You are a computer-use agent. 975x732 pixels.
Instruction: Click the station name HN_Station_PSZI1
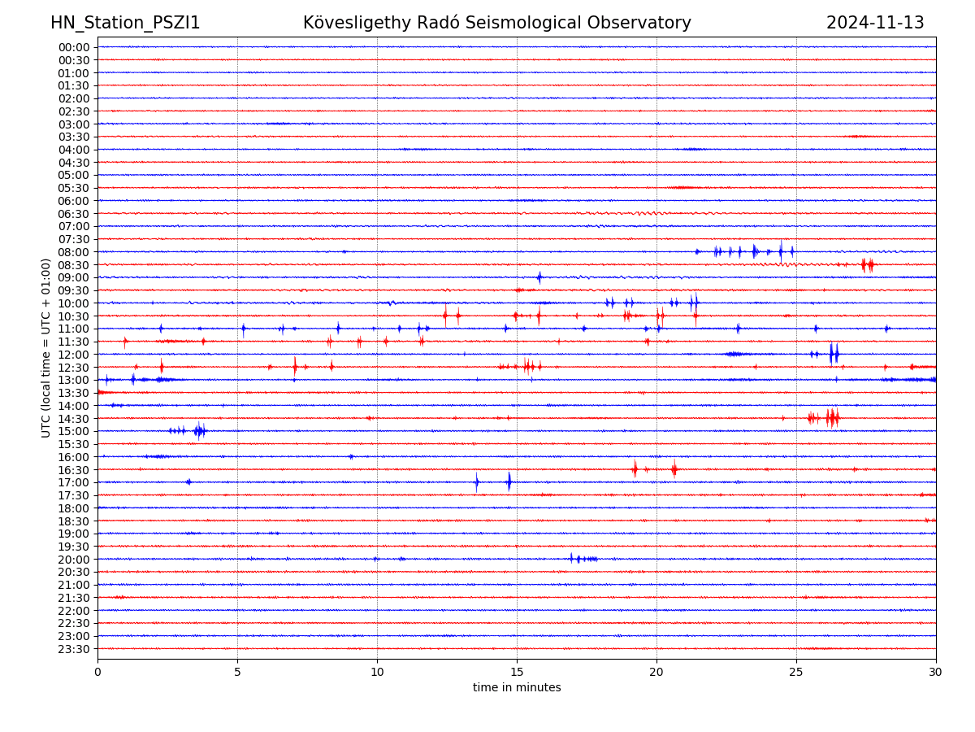(x=125, y=23)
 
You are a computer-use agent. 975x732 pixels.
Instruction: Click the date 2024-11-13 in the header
(x=875, y=23)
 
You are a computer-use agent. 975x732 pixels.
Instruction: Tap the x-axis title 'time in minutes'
(x=517, y=688)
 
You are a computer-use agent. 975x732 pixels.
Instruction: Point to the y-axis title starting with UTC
(x=46, y=347)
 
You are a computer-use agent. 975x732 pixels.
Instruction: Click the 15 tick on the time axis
(x=517, y=673)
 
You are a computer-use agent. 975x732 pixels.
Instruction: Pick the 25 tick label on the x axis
(x=796, y=673)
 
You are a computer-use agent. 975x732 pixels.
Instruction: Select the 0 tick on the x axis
(x=97, y=673)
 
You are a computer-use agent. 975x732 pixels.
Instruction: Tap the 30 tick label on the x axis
(x=936, y=673)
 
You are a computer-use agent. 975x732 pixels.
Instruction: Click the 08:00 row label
(x=74, y=252)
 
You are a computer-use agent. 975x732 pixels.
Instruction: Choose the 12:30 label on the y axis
(x=74, y=368)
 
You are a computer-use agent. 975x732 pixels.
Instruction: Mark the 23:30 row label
(x=74, y=649)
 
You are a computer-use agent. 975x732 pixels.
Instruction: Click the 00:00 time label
(x=74, y=47)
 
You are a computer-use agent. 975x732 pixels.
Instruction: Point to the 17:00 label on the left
(x=74, y=482)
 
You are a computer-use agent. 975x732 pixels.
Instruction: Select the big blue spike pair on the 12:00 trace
(x=834, y=354)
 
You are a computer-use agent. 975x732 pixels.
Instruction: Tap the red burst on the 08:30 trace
(x=868, y=264)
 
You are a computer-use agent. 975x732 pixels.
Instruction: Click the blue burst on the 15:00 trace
(x=199, y=430)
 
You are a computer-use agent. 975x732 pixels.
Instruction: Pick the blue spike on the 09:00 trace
(x=539, y=277)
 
